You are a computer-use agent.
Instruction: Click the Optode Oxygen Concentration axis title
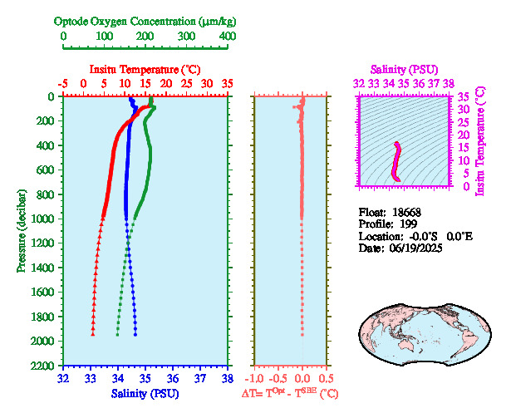(x=145, y=21)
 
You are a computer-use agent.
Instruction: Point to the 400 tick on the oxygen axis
(x=227, y=37)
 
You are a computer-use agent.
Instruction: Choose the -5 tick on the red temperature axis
(x=63, y=83)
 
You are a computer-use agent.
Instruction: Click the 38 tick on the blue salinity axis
(x=227, y=379)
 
